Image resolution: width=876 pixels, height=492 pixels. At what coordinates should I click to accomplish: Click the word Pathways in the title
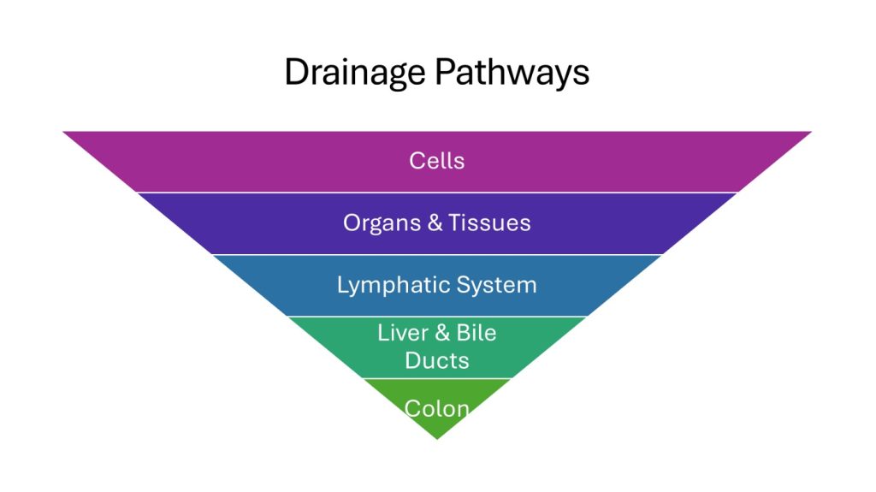click(512, 73)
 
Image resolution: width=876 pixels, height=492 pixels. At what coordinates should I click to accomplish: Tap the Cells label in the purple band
click(436, 161)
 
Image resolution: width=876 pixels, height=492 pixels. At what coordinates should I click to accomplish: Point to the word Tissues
click(491, 223)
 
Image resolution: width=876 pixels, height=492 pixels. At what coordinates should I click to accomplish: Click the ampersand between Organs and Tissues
click(435, 223)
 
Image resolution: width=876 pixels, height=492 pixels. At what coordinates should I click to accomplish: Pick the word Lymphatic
click(388, 285)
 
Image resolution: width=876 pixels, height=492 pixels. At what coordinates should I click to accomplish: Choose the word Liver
click(403, 333)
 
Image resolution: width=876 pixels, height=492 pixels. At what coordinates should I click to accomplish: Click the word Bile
click(476, 333)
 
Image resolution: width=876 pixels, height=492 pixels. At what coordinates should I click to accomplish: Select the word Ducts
click(437, 360)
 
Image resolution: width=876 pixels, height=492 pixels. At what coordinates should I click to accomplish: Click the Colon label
click(437, 408)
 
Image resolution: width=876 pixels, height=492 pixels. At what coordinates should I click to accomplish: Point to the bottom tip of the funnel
click(437, 437)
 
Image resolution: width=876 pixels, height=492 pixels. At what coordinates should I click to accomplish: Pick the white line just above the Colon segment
click(437, 378)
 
